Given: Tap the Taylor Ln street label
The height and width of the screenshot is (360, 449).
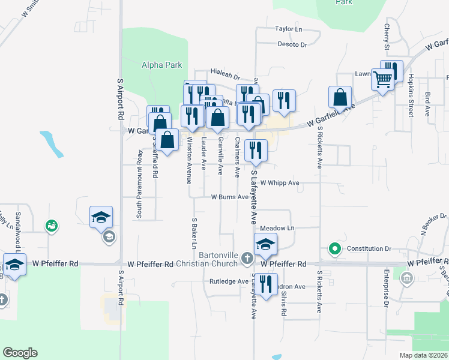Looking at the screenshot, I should (x=288, y=29).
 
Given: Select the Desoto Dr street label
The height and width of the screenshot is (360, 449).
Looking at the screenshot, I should (x=292, y=44).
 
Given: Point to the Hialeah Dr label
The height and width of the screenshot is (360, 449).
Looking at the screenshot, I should (x=228, y=77).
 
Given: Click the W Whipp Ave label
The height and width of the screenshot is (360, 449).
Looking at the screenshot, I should (x=279, y=183).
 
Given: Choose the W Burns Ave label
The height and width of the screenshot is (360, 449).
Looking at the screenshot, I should (x=229, y=197).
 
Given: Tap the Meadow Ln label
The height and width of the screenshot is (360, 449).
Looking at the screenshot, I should (x=277, y=229).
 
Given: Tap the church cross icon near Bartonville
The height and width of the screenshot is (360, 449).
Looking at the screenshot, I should (x=247, y=259).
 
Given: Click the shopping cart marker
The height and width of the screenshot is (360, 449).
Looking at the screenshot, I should (x=382, y=79).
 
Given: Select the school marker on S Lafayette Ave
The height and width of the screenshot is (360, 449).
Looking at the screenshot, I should (x=265, y=244).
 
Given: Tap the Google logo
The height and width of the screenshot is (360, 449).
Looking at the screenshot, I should (x=20, y=353).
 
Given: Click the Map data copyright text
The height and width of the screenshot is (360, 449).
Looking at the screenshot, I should (x=423, y=355).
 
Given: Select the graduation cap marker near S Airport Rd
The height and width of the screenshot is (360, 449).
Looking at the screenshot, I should (x=101, y=217).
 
